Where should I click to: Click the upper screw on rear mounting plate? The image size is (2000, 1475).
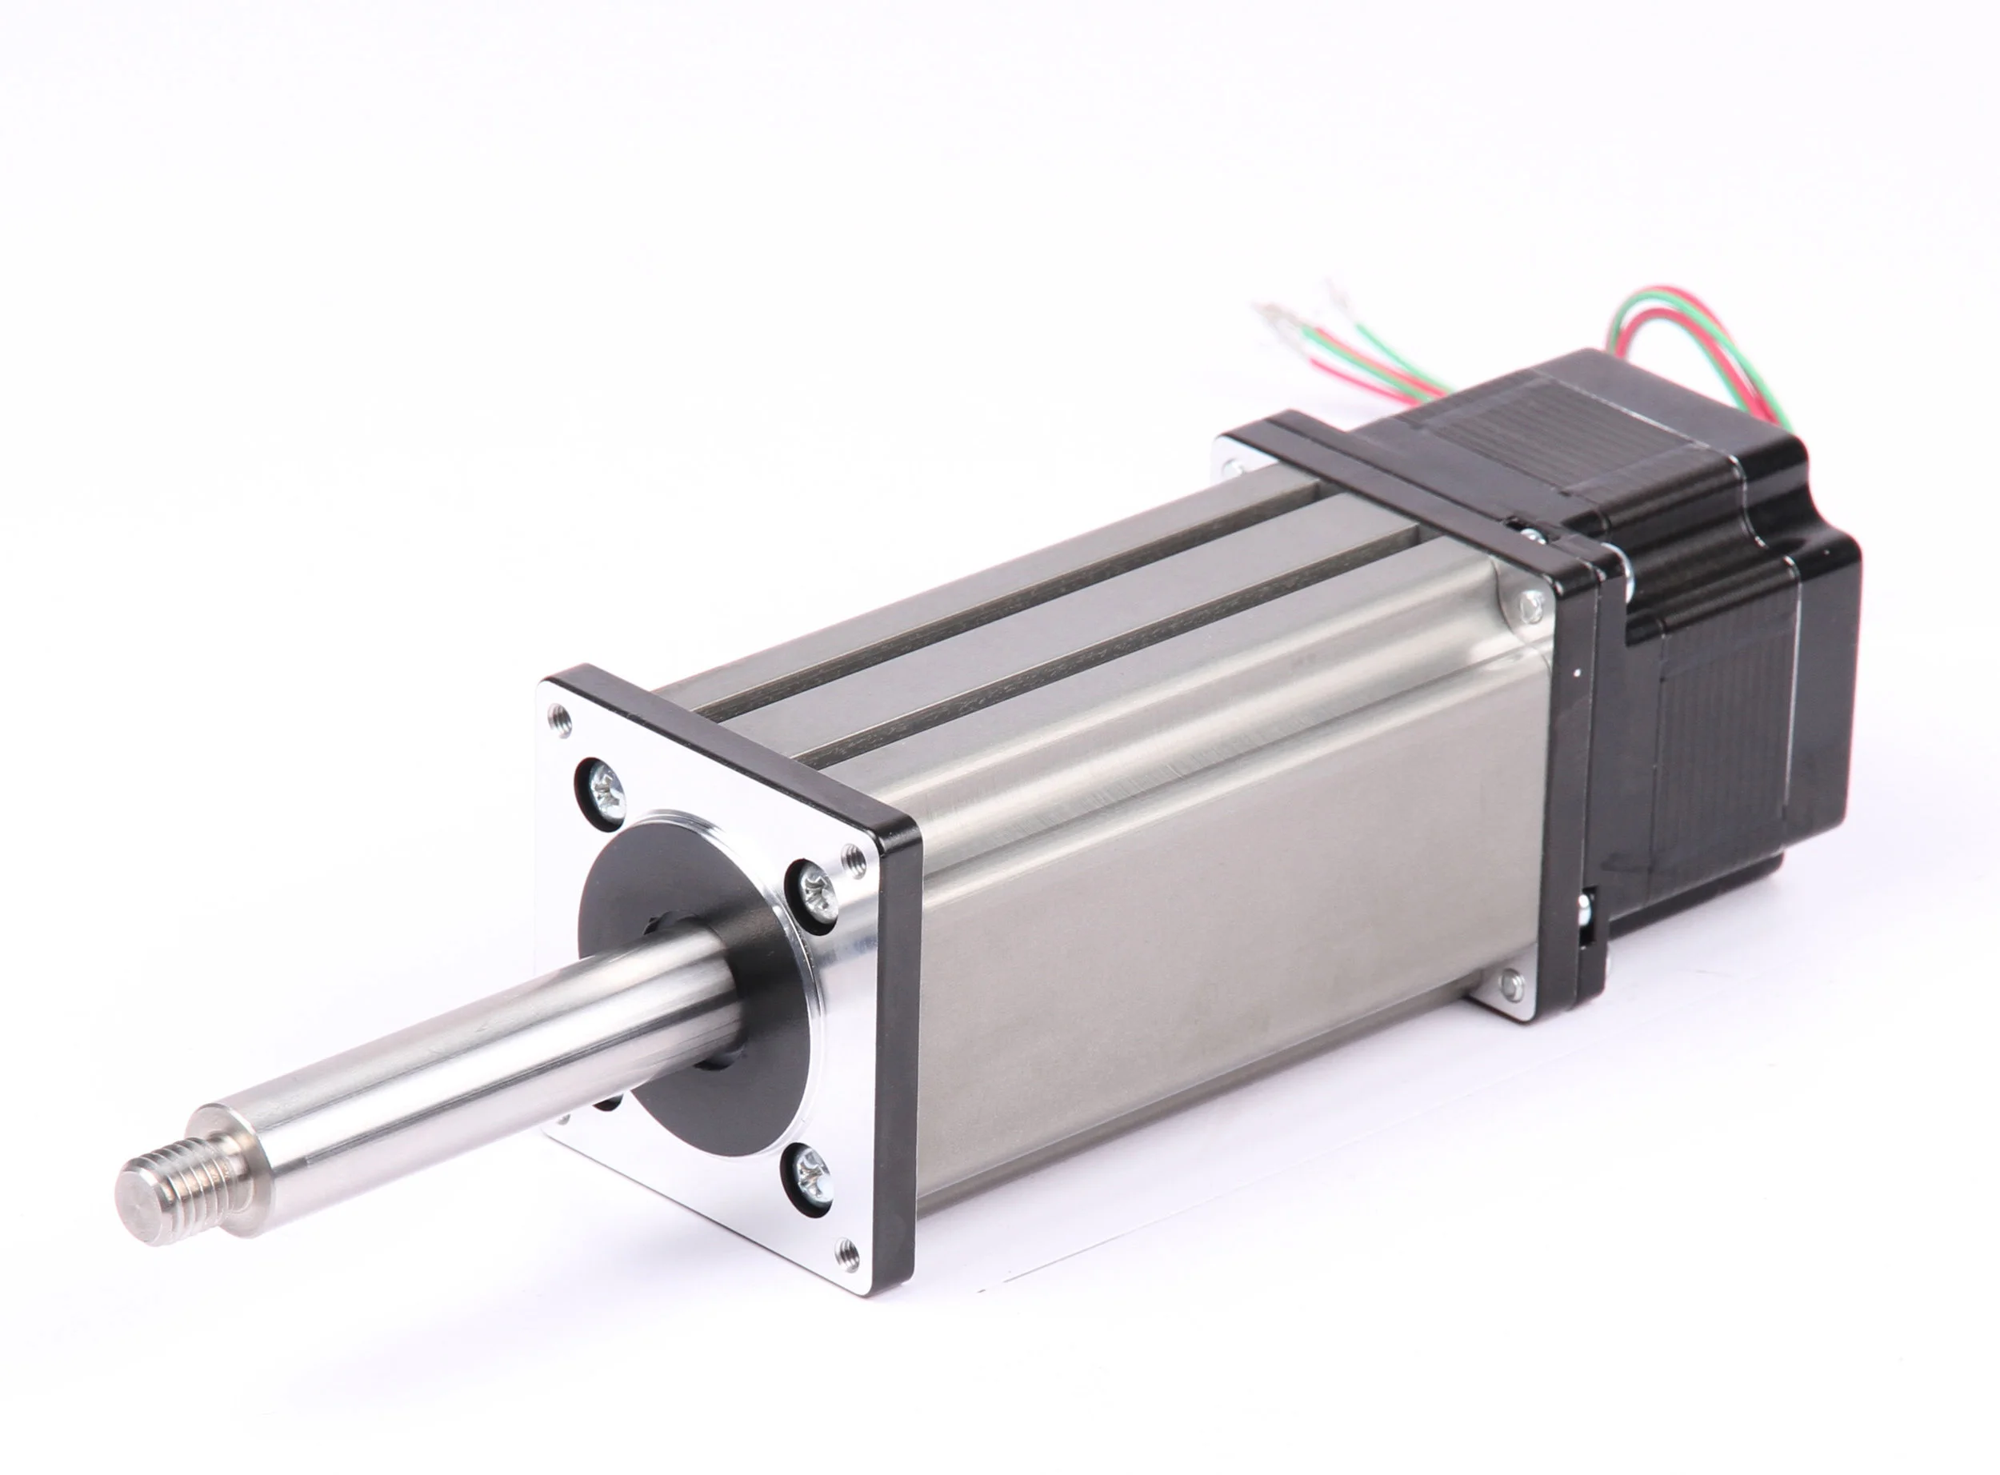[x=1530, y=605]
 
